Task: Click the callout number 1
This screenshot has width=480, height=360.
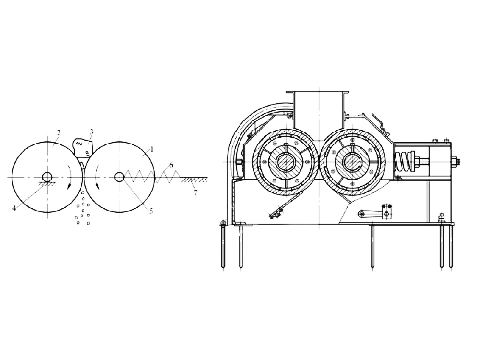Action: tap(152, 149)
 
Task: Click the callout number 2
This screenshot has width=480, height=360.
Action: tap(59, 132)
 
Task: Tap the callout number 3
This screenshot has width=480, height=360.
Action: tap(91, 132)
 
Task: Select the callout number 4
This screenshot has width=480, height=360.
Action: tap(14, 208)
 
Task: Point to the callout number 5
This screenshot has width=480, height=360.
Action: tap(151, 211)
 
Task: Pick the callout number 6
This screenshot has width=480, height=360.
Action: tap(171, 165)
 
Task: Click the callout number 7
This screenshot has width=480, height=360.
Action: tap(196, 192)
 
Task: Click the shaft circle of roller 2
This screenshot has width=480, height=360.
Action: tap(47, 177)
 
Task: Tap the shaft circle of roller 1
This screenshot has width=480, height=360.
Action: tap(120, 177)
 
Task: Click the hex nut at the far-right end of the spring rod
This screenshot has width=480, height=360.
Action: tap(454, 161)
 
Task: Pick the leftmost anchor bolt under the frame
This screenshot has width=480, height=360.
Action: tap(223, 245)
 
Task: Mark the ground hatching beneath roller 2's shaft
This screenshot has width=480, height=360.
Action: tap(47, 183)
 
